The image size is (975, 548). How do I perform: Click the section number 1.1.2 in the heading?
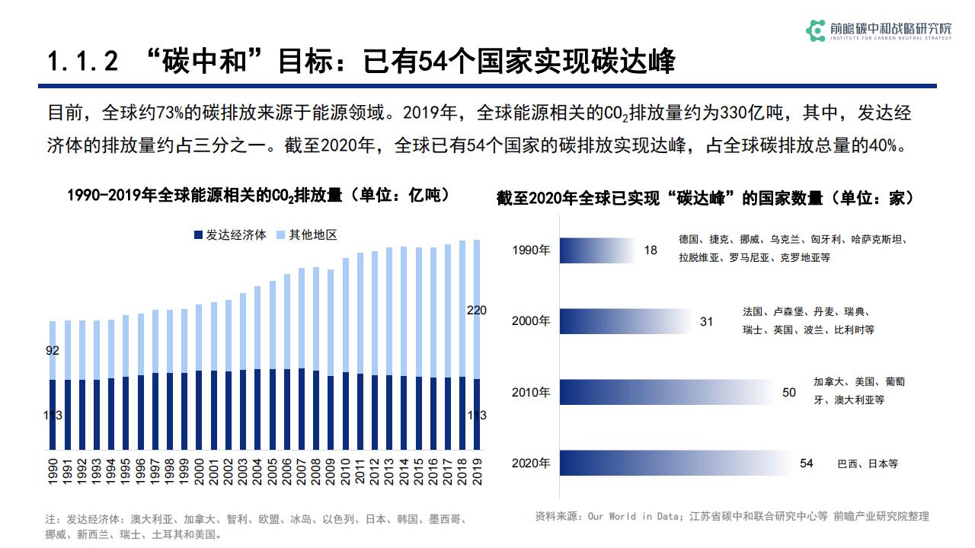click(x=82, y=62)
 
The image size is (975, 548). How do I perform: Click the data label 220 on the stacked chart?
click(x=476, y=310)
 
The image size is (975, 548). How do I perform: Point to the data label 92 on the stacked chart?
click(x=53, y=351)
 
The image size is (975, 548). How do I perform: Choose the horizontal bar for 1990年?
click(x=598, y=250)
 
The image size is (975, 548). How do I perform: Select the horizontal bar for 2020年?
click(x=678, y=463)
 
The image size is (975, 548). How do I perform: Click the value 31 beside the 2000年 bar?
click(x=707, y=322)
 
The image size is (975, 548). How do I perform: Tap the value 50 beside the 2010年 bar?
click(x=789, y=393)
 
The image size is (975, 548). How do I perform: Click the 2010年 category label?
click(x=531, y=393)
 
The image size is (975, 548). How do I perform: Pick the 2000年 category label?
click(x=531, y=321)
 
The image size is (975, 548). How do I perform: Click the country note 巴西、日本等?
click(x=867, y=464)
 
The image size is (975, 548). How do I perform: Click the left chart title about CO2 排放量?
click(x=258, y=195)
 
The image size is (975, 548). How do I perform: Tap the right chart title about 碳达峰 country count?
click(x=705, y=198)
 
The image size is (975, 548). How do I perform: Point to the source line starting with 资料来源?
click(x=732, y=516)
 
